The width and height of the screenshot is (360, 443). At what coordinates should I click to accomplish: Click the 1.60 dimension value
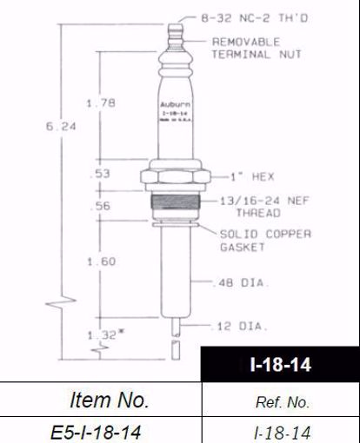pyautogui.click(x=101, y=260)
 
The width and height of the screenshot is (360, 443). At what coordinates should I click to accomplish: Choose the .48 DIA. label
pyautogui.click(x=240, y=281)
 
